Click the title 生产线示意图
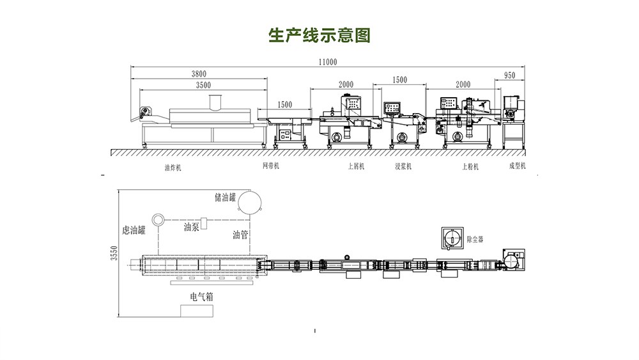[x=319, y=35]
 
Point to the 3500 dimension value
[x=204, y=85]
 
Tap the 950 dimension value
[x=509, y=75]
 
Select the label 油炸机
[x=173, y=168]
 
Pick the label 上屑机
[x=355, y=166]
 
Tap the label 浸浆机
[x=403, y=166]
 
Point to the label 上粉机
[x=470, y=166]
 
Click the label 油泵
[x=192, y=226]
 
